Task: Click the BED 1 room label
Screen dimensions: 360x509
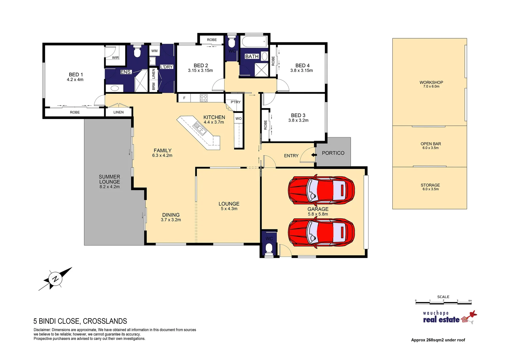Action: [x=76, y=75]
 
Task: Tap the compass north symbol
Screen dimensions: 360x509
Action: [x=55, y=278]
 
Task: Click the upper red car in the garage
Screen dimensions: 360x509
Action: [x=321, y=190]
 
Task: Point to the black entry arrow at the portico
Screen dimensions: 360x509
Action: [x=313, y=155]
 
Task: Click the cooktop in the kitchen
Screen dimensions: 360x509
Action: [x=204, y=98]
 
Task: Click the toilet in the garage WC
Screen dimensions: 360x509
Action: [x=269, y=248]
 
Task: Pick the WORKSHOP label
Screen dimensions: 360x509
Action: [x=431, y=82]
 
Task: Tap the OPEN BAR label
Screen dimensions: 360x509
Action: [x=430, y=144]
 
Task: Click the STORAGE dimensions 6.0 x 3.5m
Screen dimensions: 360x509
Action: [x=430, y=189]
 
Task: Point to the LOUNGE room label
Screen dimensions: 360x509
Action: [x=229, y=204]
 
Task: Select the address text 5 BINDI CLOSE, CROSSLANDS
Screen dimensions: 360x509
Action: [x=80, y=321]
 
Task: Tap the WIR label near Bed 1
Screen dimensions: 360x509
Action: [x=115, y=58]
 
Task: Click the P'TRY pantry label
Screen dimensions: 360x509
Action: [x=236, y=102]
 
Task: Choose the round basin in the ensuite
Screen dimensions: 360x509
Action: [x=114, y=88]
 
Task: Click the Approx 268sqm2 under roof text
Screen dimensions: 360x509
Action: [x=438, y=340]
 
